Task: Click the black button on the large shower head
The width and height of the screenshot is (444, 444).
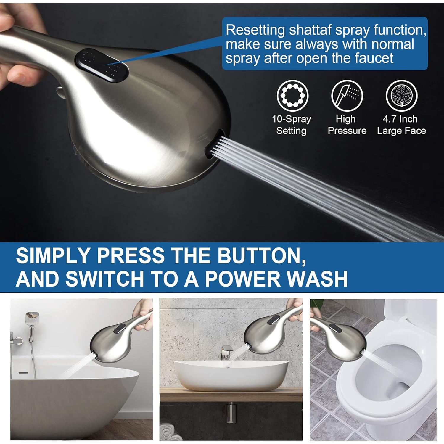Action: click(102, 65)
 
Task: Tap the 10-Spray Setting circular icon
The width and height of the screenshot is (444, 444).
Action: click(292, 96)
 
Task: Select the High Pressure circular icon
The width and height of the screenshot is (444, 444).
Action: click(347, 96)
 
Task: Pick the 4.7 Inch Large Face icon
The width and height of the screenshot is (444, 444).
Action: click(401, 96)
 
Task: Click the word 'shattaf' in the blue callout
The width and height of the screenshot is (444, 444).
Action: click(319, 30)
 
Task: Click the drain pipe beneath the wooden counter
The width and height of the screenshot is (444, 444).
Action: click(231, 411)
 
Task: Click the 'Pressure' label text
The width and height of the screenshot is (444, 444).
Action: click(347, 131)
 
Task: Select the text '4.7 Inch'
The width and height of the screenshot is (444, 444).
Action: click(400, 119)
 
